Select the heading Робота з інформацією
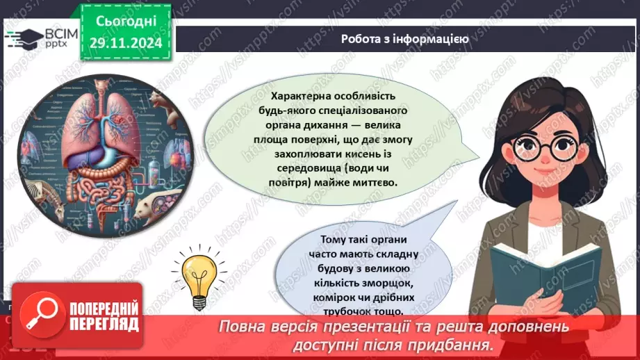[404, 39]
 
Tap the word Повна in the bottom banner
[243, 326]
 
